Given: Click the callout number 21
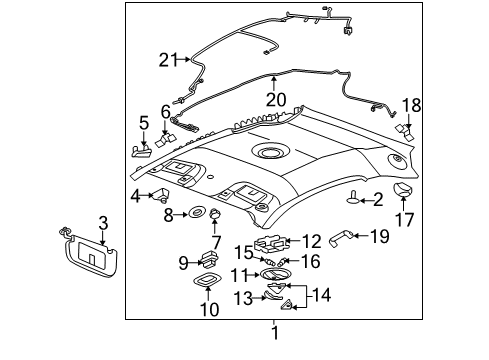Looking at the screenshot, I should tap(168, 59).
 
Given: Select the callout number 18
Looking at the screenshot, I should tap(412, 105).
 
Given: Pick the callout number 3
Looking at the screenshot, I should tap(103, 222).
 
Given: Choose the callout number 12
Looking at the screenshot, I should tap(311, 241).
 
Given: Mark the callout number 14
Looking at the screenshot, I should tap(321, 296).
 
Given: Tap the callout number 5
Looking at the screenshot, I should tap(143, 123).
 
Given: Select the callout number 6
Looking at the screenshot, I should tap(165, 112).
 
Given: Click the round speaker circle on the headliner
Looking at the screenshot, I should tap(268, 152).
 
